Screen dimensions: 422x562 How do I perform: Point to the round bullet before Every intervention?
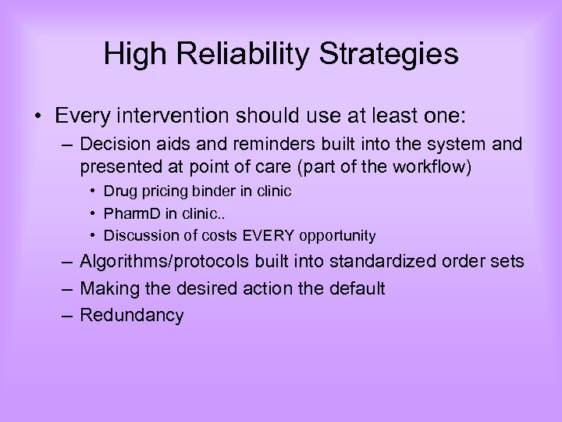38,117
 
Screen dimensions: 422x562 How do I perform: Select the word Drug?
119,191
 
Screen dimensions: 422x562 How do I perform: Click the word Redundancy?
132,315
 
